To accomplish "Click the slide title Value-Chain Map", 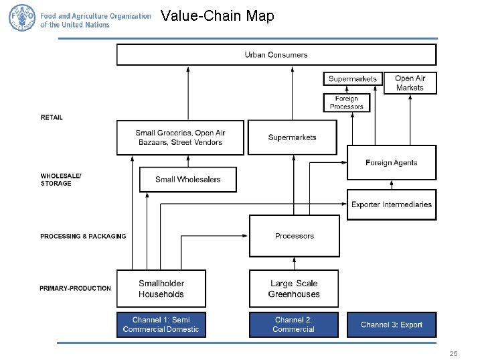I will click(218, 16).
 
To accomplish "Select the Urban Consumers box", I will click(276, 54).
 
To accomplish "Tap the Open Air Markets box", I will click(410, 83).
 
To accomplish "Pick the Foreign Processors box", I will click(347, 103).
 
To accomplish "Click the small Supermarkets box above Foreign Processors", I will click(353, 79).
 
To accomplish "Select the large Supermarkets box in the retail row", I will click(292, 137).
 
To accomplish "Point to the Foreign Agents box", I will click(391, 162).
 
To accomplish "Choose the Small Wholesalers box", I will click(187, 179).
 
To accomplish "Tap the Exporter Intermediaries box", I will click(392, 204).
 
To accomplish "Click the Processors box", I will click(294, 236).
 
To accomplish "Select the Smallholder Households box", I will click(161, 289).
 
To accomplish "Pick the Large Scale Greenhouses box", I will click(294, 289).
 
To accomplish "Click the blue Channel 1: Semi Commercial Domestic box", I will click(161, 324).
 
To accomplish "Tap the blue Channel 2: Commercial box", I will click(294, 324).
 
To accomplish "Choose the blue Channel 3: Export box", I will click(392, 324).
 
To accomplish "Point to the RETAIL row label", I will click(52, 117).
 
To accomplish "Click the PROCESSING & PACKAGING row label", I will click(83, 236).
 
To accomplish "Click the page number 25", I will click(453, 353).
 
